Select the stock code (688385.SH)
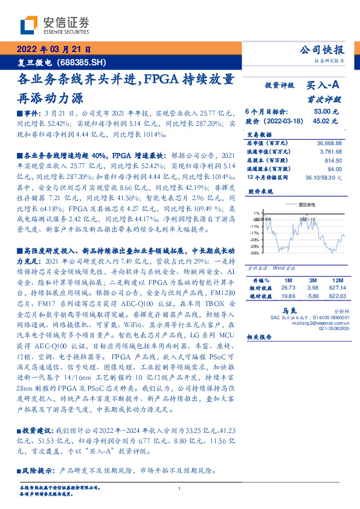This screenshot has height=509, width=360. (81, 63)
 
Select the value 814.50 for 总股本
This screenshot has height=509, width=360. (333, 161)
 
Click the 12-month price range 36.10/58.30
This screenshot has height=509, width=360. (326, 177)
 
